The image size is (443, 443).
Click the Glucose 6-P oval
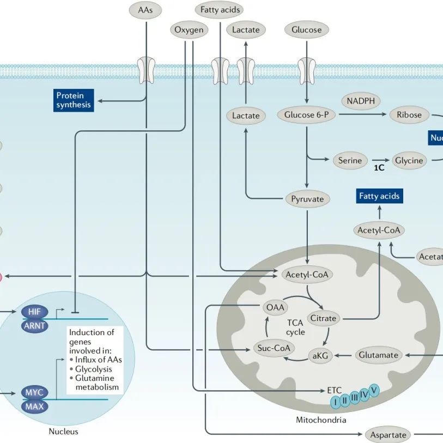[x=306, y=115]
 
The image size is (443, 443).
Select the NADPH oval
[x=361, y=101]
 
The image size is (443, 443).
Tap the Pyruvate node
[x=307, y=199]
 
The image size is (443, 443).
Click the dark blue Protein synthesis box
[x=74, y=100]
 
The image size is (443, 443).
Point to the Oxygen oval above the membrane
[x=189, y=30]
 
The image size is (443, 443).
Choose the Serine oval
[x=350, y=160]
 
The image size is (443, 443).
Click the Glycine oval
[x=409, y=160]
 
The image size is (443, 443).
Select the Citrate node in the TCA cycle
[x=323, y=318]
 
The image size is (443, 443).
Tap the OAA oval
[x=274, y=307]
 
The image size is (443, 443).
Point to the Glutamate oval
[x=379, y=355]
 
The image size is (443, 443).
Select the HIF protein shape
[x=34, y=312]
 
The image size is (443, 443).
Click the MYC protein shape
[x=34, y=392]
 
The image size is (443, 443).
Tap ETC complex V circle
[x=374, y=389]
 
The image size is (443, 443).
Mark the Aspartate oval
[x=388, y=435]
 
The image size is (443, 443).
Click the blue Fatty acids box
[x=380, y=196]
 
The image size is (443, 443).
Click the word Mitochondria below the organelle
[x=321, y=420]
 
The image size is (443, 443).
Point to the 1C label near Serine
[x=379, y=168]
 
